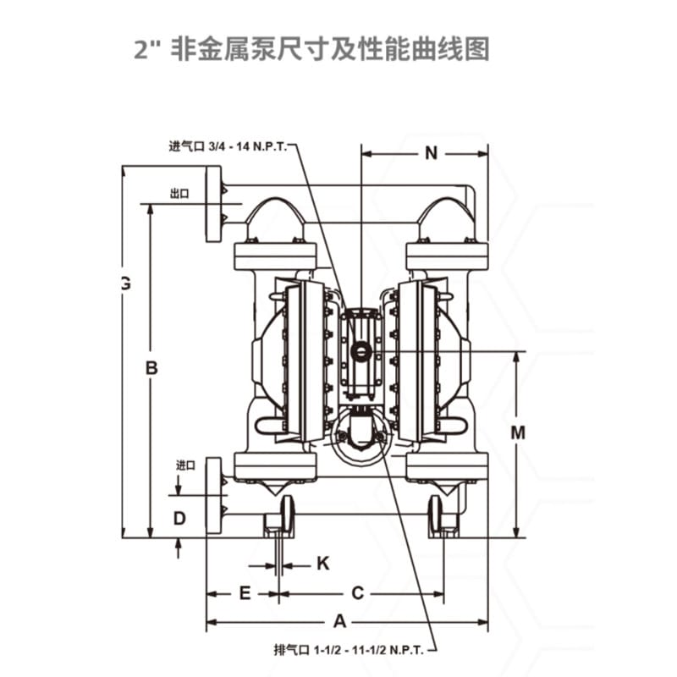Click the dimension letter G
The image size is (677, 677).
click(125, 284)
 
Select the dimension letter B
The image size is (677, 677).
click(152, 369)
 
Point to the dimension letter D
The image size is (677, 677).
click(179, 517)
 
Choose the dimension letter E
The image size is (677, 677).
click(244, 593)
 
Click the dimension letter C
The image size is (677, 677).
click(358, 593)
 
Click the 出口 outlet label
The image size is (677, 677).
click(179, 194)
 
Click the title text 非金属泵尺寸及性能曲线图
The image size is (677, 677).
click(330, 48)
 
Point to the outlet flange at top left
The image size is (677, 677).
click(214, 204)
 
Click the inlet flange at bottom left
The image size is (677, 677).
click(214, 496)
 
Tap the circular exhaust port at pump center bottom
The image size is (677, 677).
click(360, 435)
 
